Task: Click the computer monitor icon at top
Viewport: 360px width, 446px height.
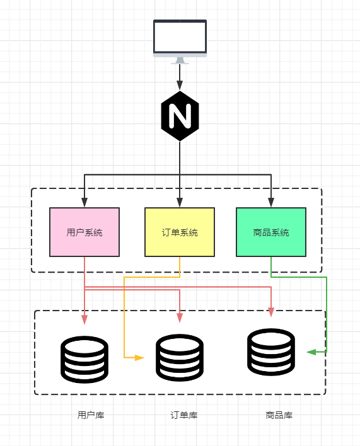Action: click(180, 39)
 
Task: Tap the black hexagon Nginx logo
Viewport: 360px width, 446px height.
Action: click(180, 116)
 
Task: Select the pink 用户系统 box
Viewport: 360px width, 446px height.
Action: click(84, 232)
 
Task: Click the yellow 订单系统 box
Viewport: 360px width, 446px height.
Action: click(180, 232)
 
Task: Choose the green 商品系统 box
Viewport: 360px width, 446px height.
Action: click(271, 232)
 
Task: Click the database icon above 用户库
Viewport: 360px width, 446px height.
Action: click(84, 359)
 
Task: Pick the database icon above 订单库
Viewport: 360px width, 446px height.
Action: click(180, 358)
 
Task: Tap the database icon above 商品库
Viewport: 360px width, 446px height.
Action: click(271, 352)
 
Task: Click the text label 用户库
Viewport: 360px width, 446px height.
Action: click(91, 415)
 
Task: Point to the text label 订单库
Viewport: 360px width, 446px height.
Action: click(184, 415)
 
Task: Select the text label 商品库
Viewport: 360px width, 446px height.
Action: click(279, 415)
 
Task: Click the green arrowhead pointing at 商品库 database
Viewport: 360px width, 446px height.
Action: click(311, 352)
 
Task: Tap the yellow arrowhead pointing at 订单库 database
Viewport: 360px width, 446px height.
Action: click(139, 357)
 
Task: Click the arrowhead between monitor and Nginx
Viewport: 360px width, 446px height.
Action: click(180, 85)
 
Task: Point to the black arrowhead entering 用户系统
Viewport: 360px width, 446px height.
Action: click(84, 203)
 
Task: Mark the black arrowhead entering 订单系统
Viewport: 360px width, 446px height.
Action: click(180, 203)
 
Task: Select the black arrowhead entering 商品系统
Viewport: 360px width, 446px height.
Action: click(271, 203)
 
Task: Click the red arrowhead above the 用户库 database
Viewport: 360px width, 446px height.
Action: click(84, 319)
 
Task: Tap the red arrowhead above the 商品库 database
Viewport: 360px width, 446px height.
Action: click(271, 312)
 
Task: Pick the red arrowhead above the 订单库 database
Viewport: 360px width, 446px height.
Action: click(180, 317)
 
